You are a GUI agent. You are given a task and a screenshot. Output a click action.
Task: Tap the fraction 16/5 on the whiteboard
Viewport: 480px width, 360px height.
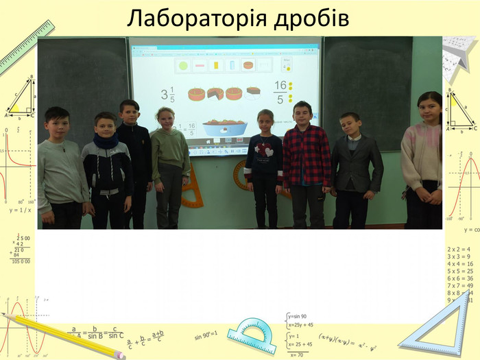pyautogui.click(x=280, y=92)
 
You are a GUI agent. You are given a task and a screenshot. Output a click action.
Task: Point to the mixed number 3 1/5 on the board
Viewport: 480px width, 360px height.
pyautogui.click(x=168, y=95)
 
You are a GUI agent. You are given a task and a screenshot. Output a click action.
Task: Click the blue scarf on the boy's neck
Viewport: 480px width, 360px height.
pyautogui.click(x=106, y=141)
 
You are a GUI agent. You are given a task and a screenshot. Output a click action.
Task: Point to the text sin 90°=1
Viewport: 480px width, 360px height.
pyautogui.click(x=206, y=335)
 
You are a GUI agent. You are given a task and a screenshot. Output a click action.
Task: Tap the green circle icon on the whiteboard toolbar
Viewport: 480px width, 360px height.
pyautogui.click(x=183, y=66)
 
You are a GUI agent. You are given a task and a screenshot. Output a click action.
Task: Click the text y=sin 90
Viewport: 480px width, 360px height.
pyautogui.click(x=298, y=316)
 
